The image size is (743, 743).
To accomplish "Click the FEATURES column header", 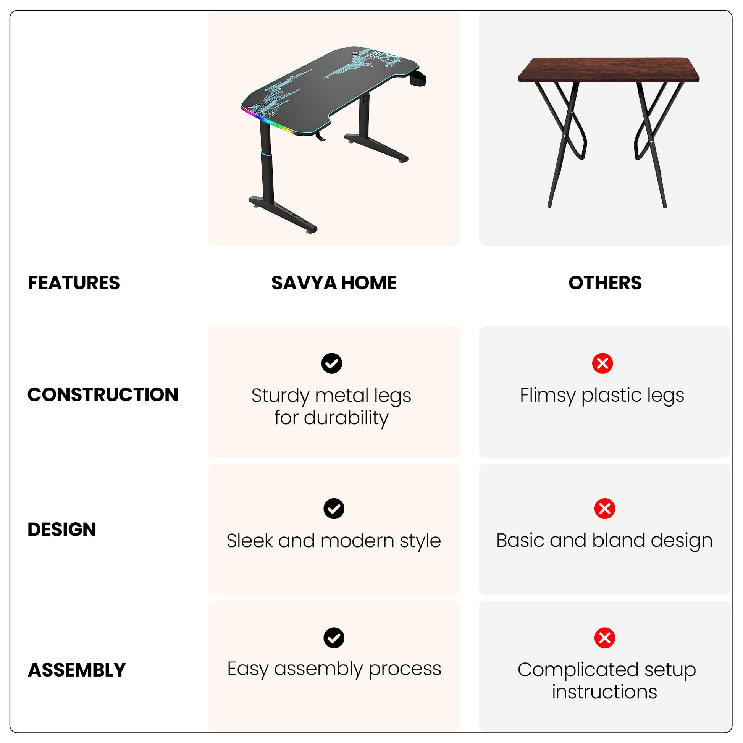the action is tap(74, 283).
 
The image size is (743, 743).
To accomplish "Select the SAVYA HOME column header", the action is tap(334, 283).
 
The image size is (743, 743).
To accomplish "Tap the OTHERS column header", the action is tap(605, 283).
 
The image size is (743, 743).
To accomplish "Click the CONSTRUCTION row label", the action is tap(103, 394).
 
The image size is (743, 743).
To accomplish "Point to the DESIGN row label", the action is tap(62, 530).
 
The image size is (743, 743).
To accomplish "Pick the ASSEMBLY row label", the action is tap(77, 670).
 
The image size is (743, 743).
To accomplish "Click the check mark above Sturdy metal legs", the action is tap(332, 363).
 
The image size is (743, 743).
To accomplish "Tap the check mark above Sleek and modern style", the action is tap(334, 509).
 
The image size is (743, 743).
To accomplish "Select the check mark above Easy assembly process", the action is tap(334, 638).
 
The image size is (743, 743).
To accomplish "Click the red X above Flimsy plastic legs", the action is tap(602, 363).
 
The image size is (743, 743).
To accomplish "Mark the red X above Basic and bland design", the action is tap(604, 509).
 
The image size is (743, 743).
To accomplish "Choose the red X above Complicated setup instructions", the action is tap(604, 638).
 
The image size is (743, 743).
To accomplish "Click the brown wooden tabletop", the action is tap(608, 69).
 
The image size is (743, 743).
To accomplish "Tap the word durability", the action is tap(346, 418).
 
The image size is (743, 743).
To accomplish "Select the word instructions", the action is tap(604, 691).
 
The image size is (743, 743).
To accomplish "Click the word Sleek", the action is tap(250, 541).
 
